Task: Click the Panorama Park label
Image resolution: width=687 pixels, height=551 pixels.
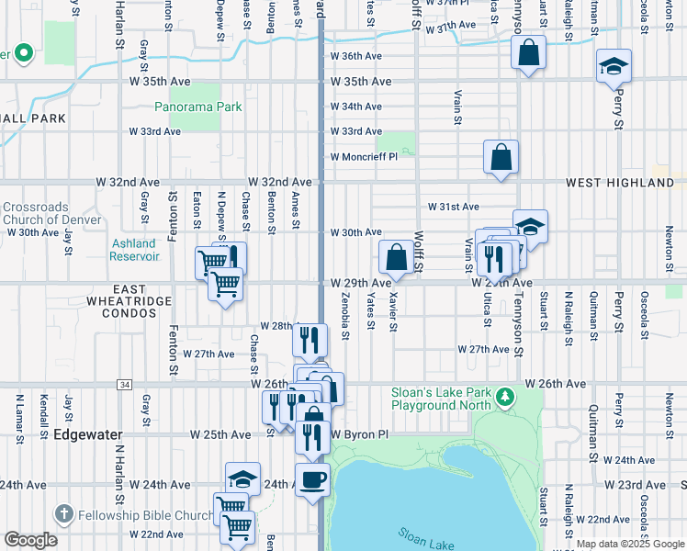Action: tap(197, 107)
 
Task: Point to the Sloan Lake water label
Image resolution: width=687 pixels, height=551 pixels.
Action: tap(427, 538)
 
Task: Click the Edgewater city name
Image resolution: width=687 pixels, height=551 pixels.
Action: tap(88, 433)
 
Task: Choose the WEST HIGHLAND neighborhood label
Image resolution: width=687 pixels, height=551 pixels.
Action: tap(619, 183)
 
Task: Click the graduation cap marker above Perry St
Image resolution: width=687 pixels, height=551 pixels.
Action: tap(614, 67)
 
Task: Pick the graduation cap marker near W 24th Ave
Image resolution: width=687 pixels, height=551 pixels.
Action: tap(242, 478)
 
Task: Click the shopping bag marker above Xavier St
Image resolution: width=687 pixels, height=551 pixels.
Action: tap(396, 257)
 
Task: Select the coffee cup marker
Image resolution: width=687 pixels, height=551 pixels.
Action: tap(312, 478)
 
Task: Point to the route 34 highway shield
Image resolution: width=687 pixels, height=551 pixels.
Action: tap(124, 383)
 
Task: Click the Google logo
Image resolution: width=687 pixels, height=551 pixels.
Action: tap(31, 540)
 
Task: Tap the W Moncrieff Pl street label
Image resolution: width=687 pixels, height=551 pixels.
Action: tap(364, 156)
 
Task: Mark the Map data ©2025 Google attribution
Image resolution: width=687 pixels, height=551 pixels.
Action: tap(630, 544)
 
